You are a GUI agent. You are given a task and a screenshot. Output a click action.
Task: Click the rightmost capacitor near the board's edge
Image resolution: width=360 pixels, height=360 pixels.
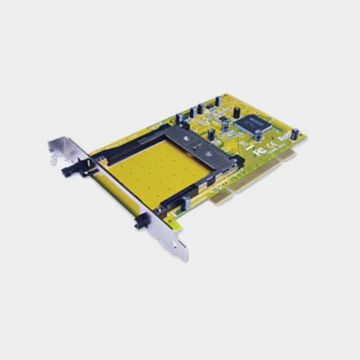294,134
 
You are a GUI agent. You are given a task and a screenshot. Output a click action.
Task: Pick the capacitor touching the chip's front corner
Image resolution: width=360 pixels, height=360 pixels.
257,135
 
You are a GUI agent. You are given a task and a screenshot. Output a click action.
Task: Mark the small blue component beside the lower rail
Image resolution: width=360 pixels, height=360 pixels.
186,203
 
